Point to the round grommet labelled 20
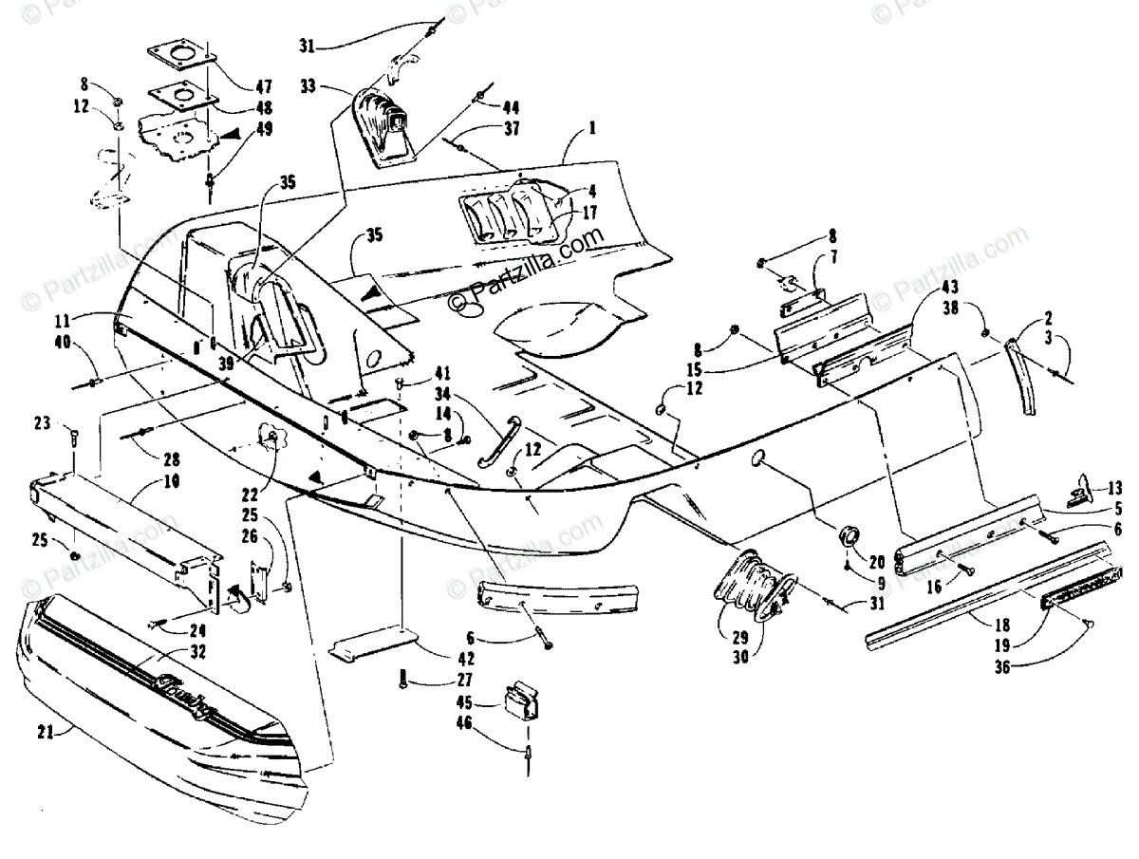point(847,538)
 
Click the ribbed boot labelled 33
point(386,128)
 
